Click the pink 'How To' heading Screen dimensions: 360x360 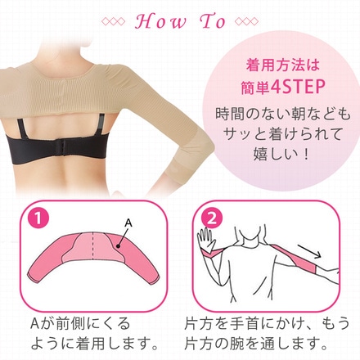tap(180, 21)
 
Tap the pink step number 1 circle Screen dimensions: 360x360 tap(38, 219)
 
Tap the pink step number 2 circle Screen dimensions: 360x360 tap(212, 219)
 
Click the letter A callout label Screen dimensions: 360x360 tap(128, 223)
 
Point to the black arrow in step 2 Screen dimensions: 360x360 tap(308, 252)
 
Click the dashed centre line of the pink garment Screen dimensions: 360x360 tap(93, 246)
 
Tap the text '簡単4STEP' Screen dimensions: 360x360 tap(283, 87)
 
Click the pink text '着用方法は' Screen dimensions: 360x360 tap(282, 65)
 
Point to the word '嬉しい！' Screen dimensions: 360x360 tap(281, 154)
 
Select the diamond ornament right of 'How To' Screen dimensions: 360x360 tap(246, 22)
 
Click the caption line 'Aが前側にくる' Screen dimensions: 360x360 tap(80, 324)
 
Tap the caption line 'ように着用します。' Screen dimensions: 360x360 tap(94, 344)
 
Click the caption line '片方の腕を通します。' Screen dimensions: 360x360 tap(255, 344)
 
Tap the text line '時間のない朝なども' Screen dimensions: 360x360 tap(283, 114)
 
